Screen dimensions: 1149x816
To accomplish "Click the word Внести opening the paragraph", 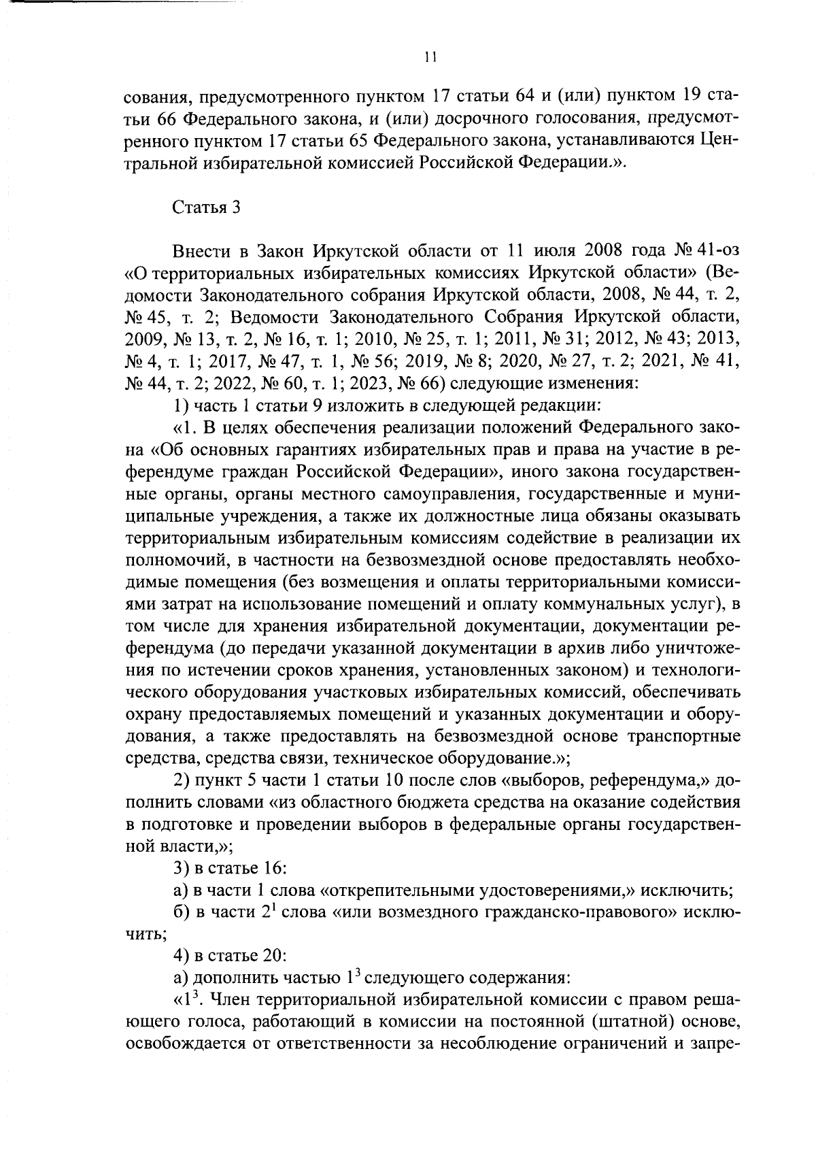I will coord(201,251).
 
